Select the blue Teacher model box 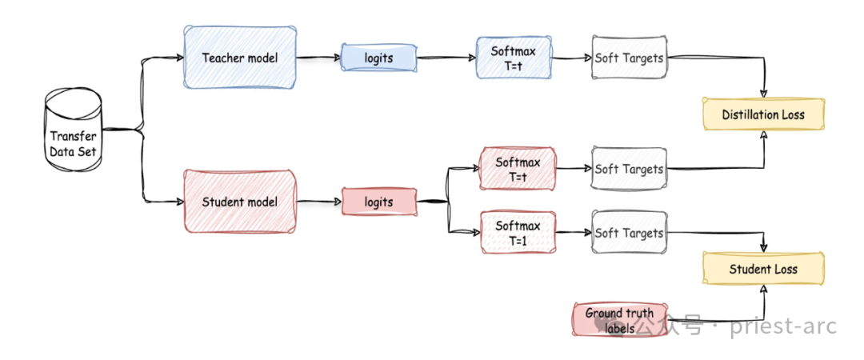point(240,58)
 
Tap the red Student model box point(240,202)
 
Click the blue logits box point(378,58)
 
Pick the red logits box point(378,202)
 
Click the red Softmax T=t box point(518,169)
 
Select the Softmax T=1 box point(518,233)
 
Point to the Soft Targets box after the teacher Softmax point(630,58)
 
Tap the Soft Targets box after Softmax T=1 point(630,233)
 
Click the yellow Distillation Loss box point(762,114)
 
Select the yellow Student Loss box point(762,269)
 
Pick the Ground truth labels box point(619,319)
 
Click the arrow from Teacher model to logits point(318,58)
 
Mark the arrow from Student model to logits point(318,202)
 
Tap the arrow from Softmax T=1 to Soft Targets point(573,233)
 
